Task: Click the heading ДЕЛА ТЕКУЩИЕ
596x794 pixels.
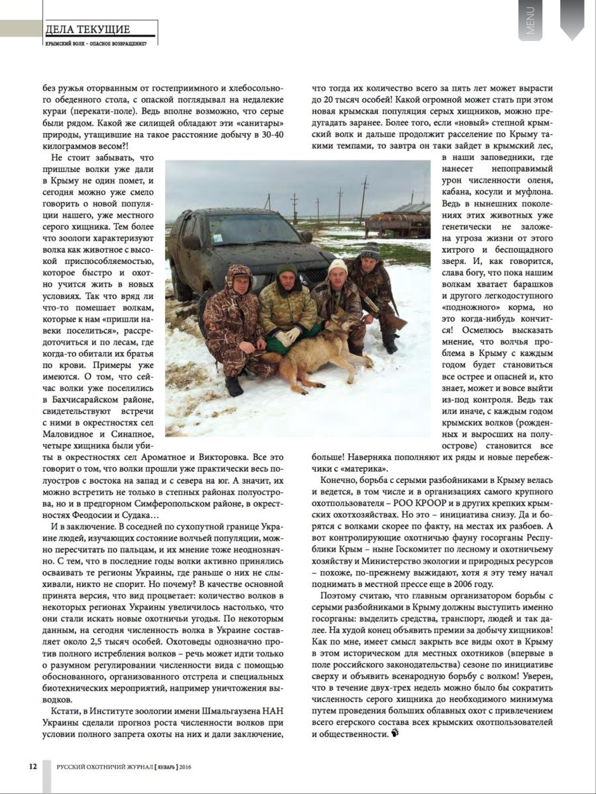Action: point(87,29)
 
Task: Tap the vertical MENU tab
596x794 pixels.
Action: point(530,20)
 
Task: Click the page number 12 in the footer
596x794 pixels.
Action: point(32,766)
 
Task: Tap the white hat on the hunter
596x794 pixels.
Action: point(338,265)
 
